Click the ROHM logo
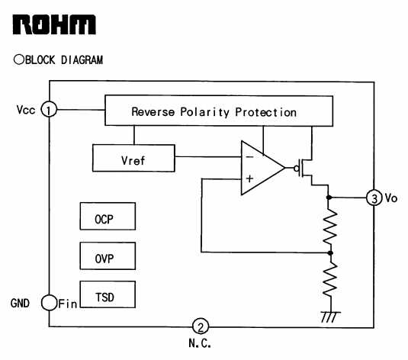(x=54, y=24)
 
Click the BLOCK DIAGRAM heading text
(x=59, y=59)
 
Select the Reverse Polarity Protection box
(x=218, y=111)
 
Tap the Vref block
(x=133, y=159)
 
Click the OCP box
(x=108, y=217)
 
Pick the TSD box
(x=108, y=295)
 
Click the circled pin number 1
(x=49, y=110)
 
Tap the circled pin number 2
(x=199, y=326)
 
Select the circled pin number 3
(x=374, y=198)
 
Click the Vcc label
(x=26, y=110)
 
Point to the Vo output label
(x=391, y=198)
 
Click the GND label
(x=21, y=303)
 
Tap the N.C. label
(x=199, y=344)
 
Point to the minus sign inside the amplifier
(x=249, y=156)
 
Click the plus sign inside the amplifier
(x=249, y=180)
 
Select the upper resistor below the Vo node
(x=329, y=227)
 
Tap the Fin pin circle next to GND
(x=48, y=303)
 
